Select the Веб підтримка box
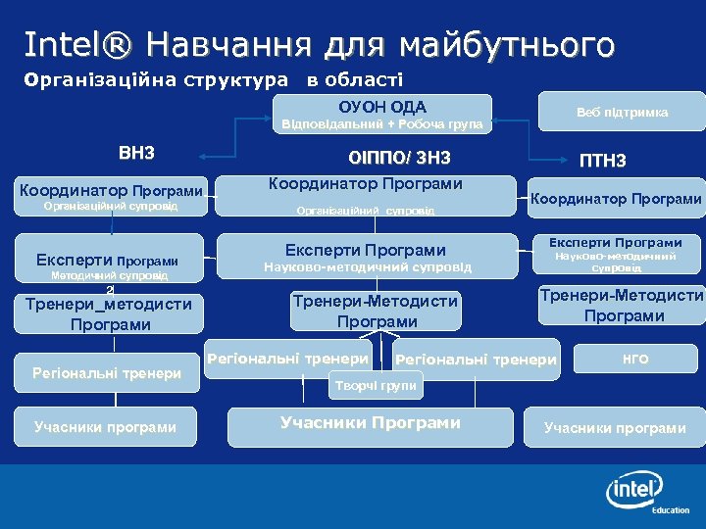(622, 112)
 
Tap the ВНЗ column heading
(136, 154)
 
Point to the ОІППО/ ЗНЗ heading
(399, 159)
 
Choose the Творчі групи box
(377, 386)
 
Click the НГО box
(636, 360)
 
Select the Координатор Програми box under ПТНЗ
(616, 199)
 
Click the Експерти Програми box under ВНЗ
(108, 261)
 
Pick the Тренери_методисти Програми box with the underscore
(108, 314)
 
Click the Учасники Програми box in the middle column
(370, 423)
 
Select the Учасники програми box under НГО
(615, 428)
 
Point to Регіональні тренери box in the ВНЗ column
(107, 372)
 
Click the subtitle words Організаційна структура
(157, 79)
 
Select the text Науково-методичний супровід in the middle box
(368, 267)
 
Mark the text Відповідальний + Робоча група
(381, 124)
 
